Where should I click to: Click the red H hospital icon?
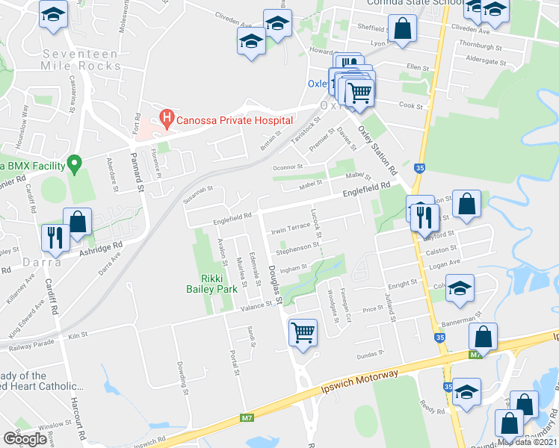167,119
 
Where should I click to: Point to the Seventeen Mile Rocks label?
81,60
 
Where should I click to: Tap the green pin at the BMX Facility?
74,162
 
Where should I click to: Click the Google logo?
25,438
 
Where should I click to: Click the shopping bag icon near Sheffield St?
402,28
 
